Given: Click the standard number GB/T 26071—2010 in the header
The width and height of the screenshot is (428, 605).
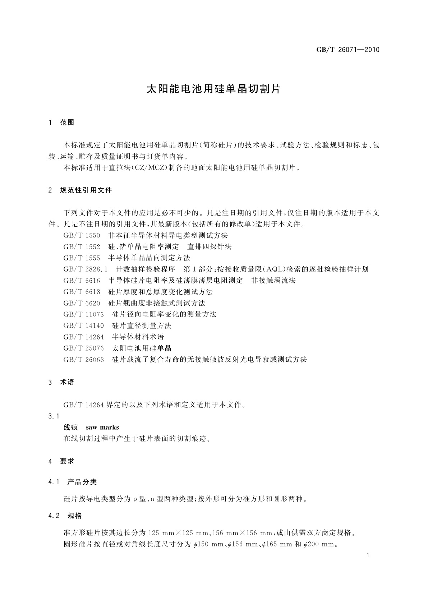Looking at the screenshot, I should [x=348, y=50].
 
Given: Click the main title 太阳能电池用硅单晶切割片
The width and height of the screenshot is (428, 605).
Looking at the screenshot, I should [x=213, y=89].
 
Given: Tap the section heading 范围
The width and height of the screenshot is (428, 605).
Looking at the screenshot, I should [x=67, y=123].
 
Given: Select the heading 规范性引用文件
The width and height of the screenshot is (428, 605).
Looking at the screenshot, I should [x=86, y=190].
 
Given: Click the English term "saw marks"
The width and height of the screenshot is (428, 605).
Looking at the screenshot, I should [x=102, y=428].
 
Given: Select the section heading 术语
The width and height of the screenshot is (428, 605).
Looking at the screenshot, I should [x=67, y=382].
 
